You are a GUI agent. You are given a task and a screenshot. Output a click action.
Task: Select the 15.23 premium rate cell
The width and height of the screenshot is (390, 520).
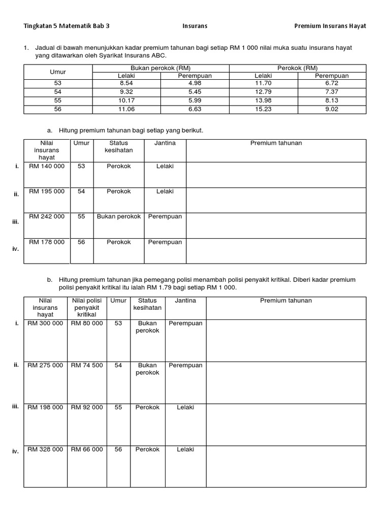pyautogui.click(x=263, y=109)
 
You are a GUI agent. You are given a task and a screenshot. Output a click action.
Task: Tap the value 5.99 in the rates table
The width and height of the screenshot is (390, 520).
pyautogui.click(x=195, y=101)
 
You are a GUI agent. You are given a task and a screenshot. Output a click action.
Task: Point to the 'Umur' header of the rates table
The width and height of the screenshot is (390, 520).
pyautogui.click(x=57, y=72)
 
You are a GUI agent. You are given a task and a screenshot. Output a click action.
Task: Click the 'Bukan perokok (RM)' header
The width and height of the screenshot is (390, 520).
pyautogui.click(x=160, y=68)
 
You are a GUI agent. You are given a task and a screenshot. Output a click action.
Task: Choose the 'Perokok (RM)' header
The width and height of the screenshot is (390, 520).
pyautogui.click(x=298, y=68)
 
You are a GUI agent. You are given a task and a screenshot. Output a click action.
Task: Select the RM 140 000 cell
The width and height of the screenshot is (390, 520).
pyautogui.click(x=47, y=167)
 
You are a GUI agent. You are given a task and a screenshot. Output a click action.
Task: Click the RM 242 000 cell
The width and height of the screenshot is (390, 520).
pyautogui.click(x=47, y=217)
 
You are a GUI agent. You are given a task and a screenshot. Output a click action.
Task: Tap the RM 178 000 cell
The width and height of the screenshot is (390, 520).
pyautogui.click(x=47, y=242)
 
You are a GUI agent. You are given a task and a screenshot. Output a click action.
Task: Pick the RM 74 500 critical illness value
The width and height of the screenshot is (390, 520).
pyautogui.click(x=87, y=366)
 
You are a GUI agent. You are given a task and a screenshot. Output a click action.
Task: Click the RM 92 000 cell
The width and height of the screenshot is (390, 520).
pyautogui.click(x=87, y=407)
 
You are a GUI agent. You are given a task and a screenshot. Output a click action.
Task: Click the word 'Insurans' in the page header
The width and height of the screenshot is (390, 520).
pyautogui.click(x=195, y=26)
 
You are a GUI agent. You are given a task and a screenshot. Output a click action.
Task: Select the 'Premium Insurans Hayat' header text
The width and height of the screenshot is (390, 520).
pyautogui.click(x=330, y=26)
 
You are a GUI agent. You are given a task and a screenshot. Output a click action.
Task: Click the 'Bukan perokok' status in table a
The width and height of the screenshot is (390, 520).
pyautogui.click(x=118, y=217)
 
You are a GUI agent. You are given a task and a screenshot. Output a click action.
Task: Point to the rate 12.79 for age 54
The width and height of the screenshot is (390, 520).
pyautogui.click(x=263, y=92)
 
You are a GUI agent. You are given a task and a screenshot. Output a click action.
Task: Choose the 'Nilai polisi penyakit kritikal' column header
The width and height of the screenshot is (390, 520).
pyautogui.click(x=87, y=308)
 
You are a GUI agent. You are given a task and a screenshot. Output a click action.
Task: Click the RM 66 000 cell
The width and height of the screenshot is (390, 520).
pyautogui.click(x=87, y=449)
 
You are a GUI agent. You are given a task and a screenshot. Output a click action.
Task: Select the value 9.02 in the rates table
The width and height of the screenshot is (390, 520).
pyautogui.click(x=332, y=109)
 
